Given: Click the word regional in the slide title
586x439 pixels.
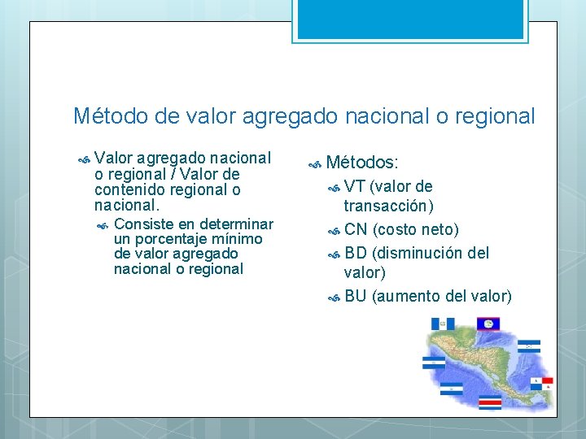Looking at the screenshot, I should click(495, 116).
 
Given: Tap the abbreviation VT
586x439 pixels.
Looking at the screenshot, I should click(354, 186).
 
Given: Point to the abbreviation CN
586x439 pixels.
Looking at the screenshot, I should click(356, 230).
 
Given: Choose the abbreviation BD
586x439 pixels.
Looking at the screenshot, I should click(356, 253).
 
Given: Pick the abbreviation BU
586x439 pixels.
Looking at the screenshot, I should click(356, 296).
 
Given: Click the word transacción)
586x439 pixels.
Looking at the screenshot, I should click(388, 206).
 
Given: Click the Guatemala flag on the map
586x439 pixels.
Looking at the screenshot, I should click(442, 324).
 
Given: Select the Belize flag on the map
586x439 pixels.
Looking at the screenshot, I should click(488, 324).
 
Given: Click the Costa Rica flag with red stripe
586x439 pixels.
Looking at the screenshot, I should click(490, 402).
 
